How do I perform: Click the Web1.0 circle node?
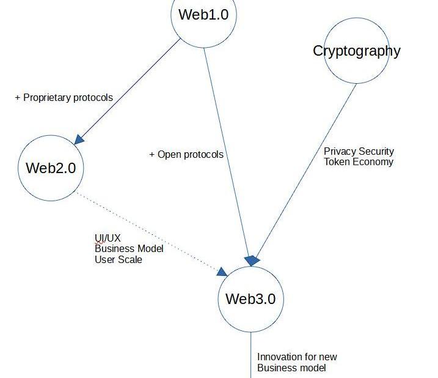click(203, 15)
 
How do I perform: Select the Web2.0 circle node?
click(51, 168)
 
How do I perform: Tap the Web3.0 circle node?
click(250, 299)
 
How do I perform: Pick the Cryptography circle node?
click(357, 51)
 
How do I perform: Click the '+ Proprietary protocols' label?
click(64, 97)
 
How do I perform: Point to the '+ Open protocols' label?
click(186, 154)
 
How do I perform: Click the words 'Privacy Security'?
click(359, 151)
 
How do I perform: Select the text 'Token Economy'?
click(359, 162)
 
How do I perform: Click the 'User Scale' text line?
click(119, 259)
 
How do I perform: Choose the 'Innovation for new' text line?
click(297, 357)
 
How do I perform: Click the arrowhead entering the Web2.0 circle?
click(79, 139)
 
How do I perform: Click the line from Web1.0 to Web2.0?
click(131, 89)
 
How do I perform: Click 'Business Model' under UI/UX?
click(129, 249)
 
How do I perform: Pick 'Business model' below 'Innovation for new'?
click(291, 368)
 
